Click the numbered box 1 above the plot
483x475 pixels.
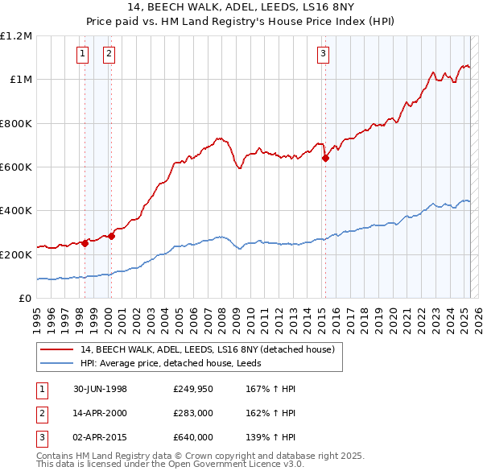coord(83,54)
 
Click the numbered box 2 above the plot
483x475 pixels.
coord(109,54)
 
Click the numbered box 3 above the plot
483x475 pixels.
coord(323,54)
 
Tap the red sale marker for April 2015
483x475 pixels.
coord(326,159)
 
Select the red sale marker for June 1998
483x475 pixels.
coord(85,243)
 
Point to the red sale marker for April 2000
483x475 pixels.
coord(111,237)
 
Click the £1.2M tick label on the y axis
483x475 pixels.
coord(16,36)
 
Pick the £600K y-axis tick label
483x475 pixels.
coord(16,167)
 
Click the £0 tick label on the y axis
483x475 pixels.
coord(25,299)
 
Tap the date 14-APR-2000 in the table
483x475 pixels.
coord(100,413)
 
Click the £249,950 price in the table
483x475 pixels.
coord(192,390)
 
